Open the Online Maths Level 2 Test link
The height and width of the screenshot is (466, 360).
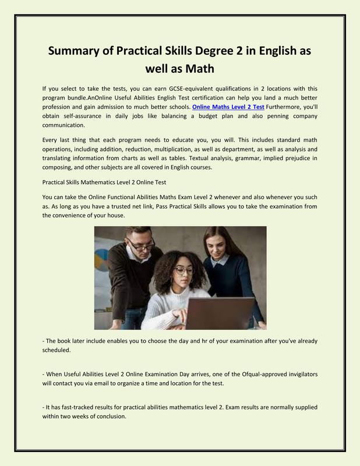[x=228, y=107]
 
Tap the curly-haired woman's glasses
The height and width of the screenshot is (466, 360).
[x=183, y=271]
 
